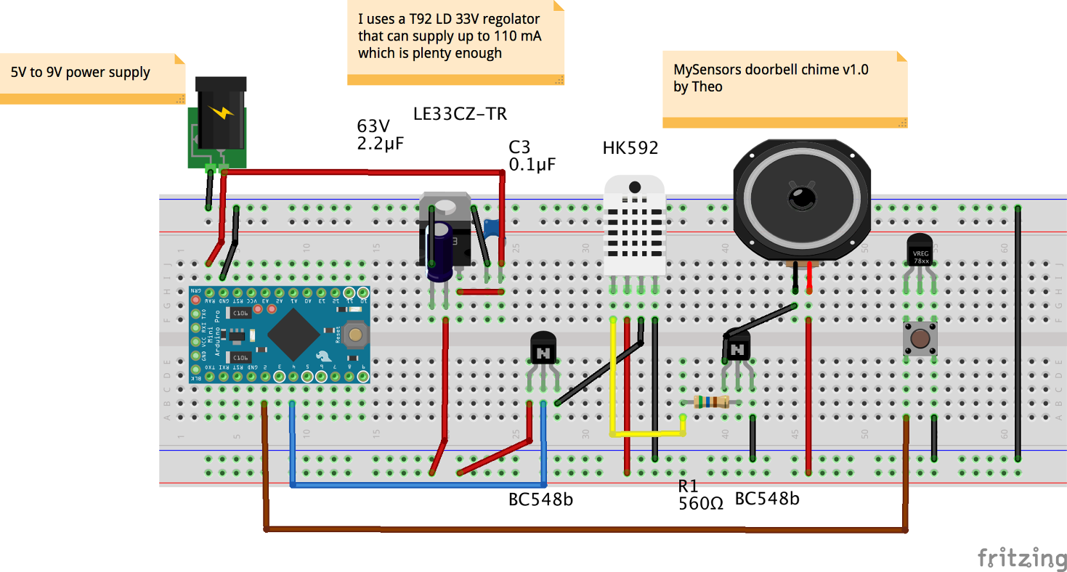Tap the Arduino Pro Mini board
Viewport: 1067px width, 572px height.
[280, 335]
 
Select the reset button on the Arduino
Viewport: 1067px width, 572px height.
[355, 335]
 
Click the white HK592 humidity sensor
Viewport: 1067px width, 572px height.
[634, 225]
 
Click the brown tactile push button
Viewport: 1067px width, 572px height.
[920, 339]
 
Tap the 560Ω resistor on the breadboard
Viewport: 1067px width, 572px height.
[711, 402]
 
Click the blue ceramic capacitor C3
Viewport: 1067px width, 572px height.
[492, 228]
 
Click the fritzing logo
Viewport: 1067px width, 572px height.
[1021, 557]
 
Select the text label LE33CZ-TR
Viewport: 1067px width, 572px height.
[460, 114]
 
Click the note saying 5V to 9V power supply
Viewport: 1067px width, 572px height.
[80, 73]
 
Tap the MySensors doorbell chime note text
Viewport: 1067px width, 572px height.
[771, 78]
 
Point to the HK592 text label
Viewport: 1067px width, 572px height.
[630, 149]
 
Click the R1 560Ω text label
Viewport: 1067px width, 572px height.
[700, 494]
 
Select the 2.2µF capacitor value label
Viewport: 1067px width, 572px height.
[380, 143]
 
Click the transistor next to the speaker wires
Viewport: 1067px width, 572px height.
[737, 350]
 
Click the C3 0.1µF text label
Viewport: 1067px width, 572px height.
[532, 156]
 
